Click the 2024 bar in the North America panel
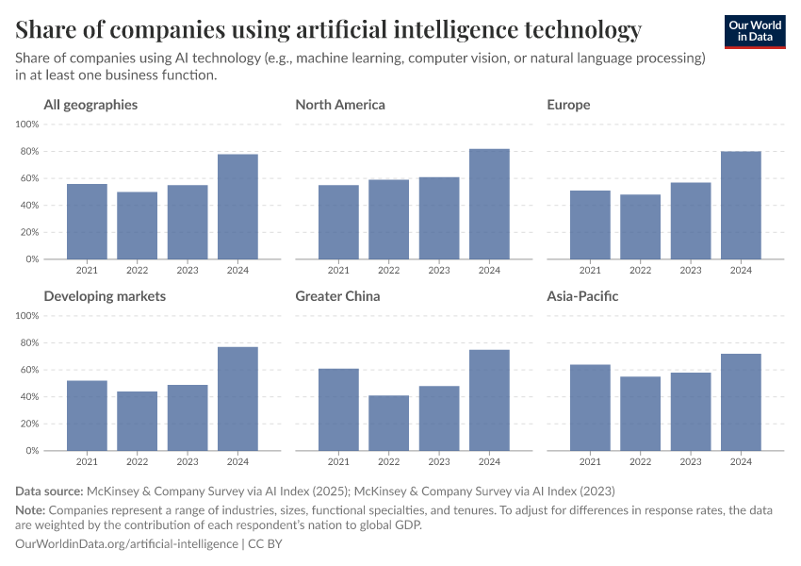489,204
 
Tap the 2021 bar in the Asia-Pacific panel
590,408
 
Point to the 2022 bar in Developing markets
137,421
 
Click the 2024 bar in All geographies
237,207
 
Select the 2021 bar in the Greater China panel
338,409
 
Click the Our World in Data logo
756,31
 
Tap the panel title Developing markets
105,296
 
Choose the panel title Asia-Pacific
582,296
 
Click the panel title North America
340,105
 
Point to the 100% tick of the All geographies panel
26,125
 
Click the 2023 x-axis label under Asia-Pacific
691,462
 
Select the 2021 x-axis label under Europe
590,271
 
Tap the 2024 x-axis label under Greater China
489,462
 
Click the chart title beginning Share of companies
329,29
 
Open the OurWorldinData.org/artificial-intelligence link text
127,544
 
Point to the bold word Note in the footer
32,509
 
